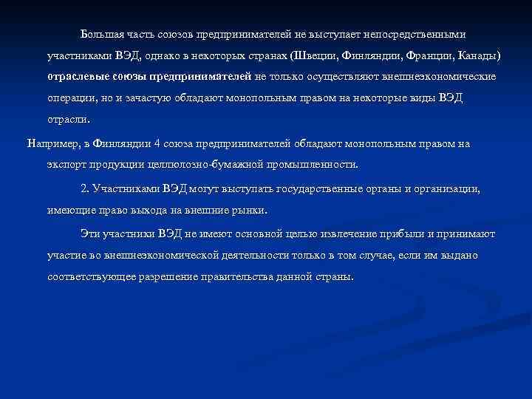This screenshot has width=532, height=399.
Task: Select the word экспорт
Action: pyautogui.click(x=66, y=164)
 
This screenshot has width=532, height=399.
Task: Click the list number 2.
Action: pyautogui.click(x=84, y=188)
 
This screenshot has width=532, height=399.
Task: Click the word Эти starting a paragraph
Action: pyautogui.click(x=90, y=233)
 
